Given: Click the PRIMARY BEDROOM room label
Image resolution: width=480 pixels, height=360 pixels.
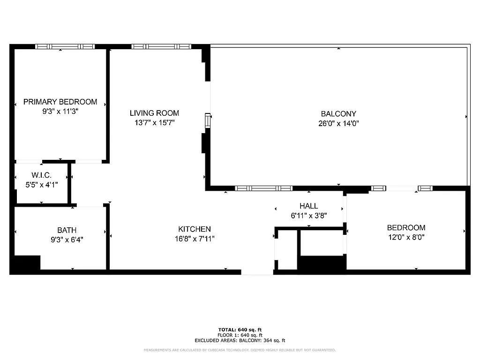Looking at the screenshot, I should click(60, 102).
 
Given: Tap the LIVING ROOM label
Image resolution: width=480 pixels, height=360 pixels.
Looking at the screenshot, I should click(154, 113).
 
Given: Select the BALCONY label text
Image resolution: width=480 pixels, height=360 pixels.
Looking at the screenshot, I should click(338, 113).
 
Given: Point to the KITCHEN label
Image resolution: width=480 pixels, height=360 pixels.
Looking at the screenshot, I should click(195, 229).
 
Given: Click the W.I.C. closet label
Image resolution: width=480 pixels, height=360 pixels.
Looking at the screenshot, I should click(42, 175).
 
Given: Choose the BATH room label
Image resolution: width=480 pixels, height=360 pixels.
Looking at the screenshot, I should click(67, 230).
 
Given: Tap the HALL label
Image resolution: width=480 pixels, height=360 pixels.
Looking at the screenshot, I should click(308, 206).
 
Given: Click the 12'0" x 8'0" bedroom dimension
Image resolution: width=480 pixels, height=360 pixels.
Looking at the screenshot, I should click(406, 238).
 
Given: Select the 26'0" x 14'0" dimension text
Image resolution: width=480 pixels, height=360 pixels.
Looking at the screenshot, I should click(338, 124).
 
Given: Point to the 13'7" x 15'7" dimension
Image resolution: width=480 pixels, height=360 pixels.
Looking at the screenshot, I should click(154, 123).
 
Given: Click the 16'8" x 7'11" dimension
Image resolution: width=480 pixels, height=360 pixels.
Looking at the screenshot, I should click(195, 239).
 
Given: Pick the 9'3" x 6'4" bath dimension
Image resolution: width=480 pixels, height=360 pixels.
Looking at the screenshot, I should click(67, 239).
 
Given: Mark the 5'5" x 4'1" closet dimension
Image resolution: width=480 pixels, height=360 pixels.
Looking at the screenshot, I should click(42, 185).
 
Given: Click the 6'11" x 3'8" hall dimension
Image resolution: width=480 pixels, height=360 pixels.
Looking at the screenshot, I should click(308, 216).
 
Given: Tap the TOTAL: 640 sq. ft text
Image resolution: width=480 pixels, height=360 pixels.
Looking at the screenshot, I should click(240, 330).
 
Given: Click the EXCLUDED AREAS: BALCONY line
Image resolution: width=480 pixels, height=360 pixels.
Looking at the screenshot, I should click(240, 341).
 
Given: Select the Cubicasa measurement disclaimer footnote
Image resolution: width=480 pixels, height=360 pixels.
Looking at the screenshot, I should click(240, 350).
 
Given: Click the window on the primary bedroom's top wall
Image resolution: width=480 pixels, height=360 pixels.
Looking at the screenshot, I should click(65, 46).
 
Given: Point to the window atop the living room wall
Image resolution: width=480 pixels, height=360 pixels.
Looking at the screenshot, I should click(161, 46).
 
